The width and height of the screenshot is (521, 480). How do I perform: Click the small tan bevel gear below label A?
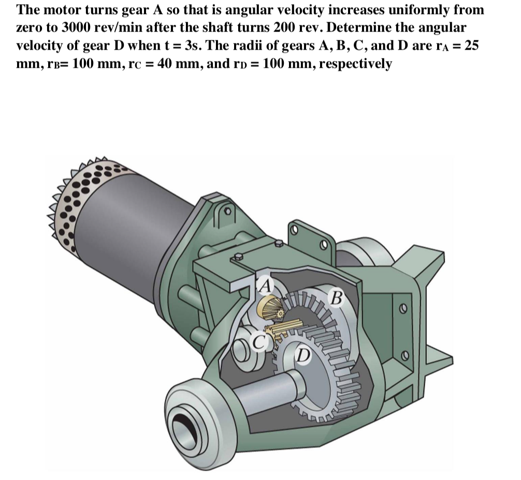[269, 309]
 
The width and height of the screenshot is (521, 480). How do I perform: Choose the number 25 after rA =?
[471, 45]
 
